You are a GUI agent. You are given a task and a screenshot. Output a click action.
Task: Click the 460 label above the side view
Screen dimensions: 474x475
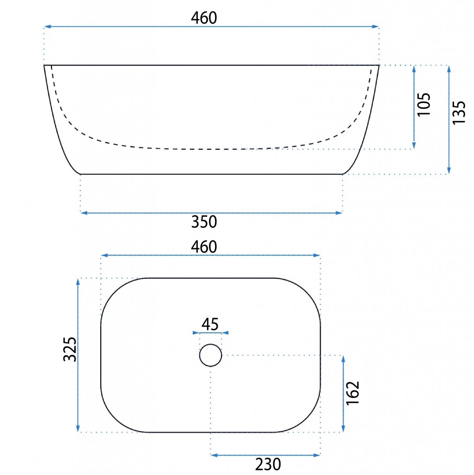pos(204,18)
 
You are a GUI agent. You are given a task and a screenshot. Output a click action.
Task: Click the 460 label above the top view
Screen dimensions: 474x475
pos(204,247)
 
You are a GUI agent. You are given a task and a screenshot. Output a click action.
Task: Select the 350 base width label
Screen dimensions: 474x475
pos(204,222)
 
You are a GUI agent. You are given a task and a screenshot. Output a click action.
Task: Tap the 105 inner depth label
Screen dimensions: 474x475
pos(424,104)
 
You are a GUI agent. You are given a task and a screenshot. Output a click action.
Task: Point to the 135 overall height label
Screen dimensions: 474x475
pos(459,112)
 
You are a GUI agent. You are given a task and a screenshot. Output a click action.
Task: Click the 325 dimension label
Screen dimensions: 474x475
pos(70,349)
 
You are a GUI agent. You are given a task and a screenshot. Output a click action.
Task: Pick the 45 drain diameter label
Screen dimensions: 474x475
pos(210,324)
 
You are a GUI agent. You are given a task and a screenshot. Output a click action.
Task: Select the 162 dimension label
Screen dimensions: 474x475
pos(353,393)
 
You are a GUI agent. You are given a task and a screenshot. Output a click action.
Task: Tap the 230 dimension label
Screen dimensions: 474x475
pos(268,464)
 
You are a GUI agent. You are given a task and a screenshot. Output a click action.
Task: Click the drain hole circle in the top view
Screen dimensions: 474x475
pos(210,344)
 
